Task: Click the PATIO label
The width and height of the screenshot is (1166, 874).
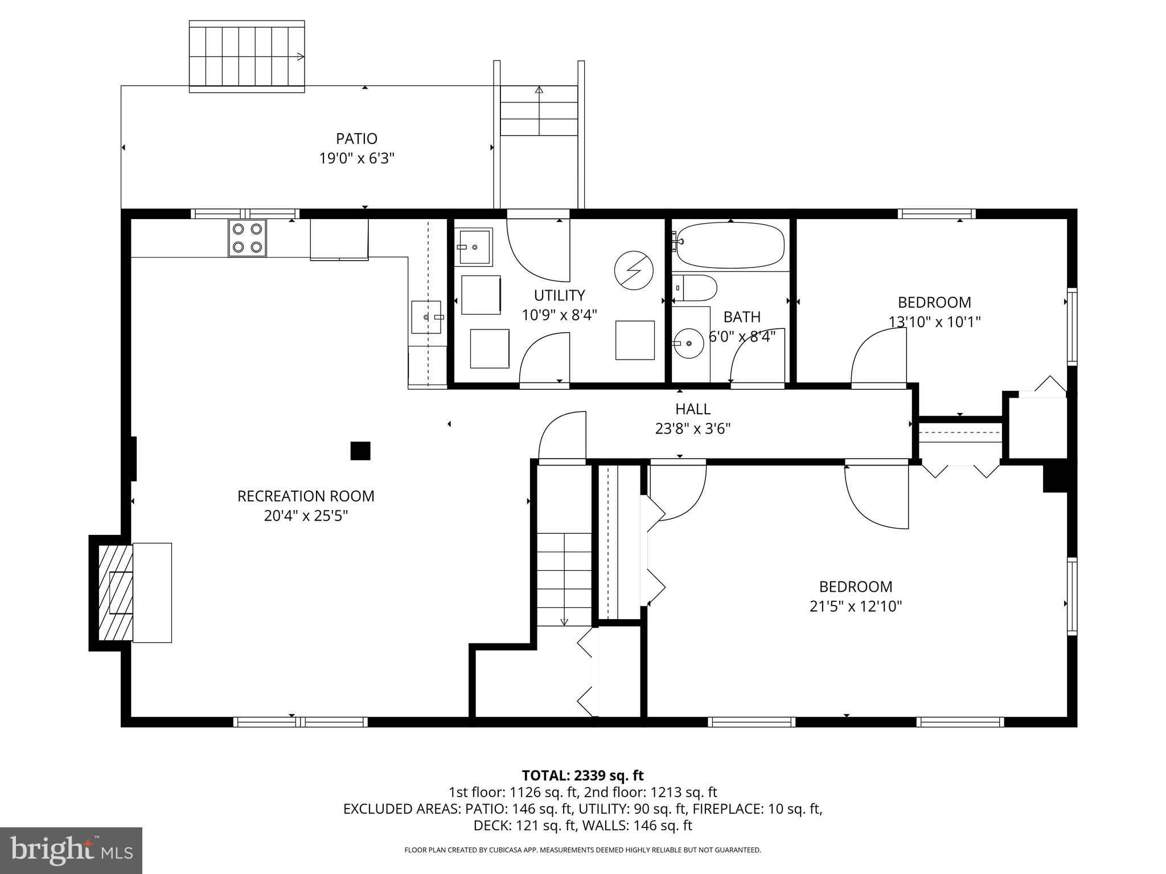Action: coord(356,139)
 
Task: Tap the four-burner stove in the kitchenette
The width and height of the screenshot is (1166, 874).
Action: coord(247,238)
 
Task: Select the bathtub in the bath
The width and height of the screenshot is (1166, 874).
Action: coord(730,245)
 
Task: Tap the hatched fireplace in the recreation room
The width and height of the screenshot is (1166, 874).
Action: coord(116,592)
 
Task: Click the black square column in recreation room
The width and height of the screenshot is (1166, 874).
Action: coord(360,451)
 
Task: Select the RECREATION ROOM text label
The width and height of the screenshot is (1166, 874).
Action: coord(306,496)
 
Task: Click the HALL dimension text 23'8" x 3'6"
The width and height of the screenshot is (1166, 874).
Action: coord(693,428)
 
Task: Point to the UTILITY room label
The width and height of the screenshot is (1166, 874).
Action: coord(559,295)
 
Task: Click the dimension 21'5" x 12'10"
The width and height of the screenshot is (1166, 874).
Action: coord(856,607)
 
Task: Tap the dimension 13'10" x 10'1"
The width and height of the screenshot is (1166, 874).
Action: coord(934,322)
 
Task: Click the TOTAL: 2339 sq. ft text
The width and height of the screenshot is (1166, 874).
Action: coord(582,775)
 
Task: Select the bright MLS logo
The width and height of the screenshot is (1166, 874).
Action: coord(71,851)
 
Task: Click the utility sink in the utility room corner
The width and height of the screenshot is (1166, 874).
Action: coord(475,248)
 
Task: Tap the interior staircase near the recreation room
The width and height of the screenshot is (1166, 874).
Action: coord(564,579)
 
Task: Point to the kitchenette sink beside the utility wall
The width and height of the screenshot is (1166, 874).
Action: coord(426,317)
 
